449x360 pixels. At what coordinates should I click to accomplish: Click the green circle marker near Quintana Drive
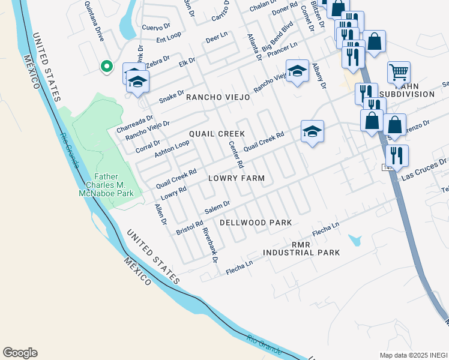point(106,67)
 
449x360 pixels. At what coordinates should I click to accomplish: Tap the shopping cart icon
point(399,73)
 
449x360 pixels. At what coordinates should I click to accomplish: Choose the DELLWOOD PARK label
point(255,223)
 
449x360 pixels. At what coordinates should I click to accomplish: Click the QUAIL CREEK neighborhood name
point(217,133)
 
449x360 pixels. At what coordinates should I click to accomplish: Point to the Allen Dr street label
point(160,214)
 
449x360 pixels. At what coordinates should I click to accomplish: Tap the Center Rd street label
point(236,154)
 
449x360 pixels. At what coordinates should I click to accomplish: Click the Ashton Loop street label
point(172,149)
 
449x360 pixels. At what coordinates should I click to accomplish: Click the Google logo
point(20,353)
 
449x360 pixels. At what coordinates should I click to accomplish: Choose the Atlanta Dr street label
point(255,47)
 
